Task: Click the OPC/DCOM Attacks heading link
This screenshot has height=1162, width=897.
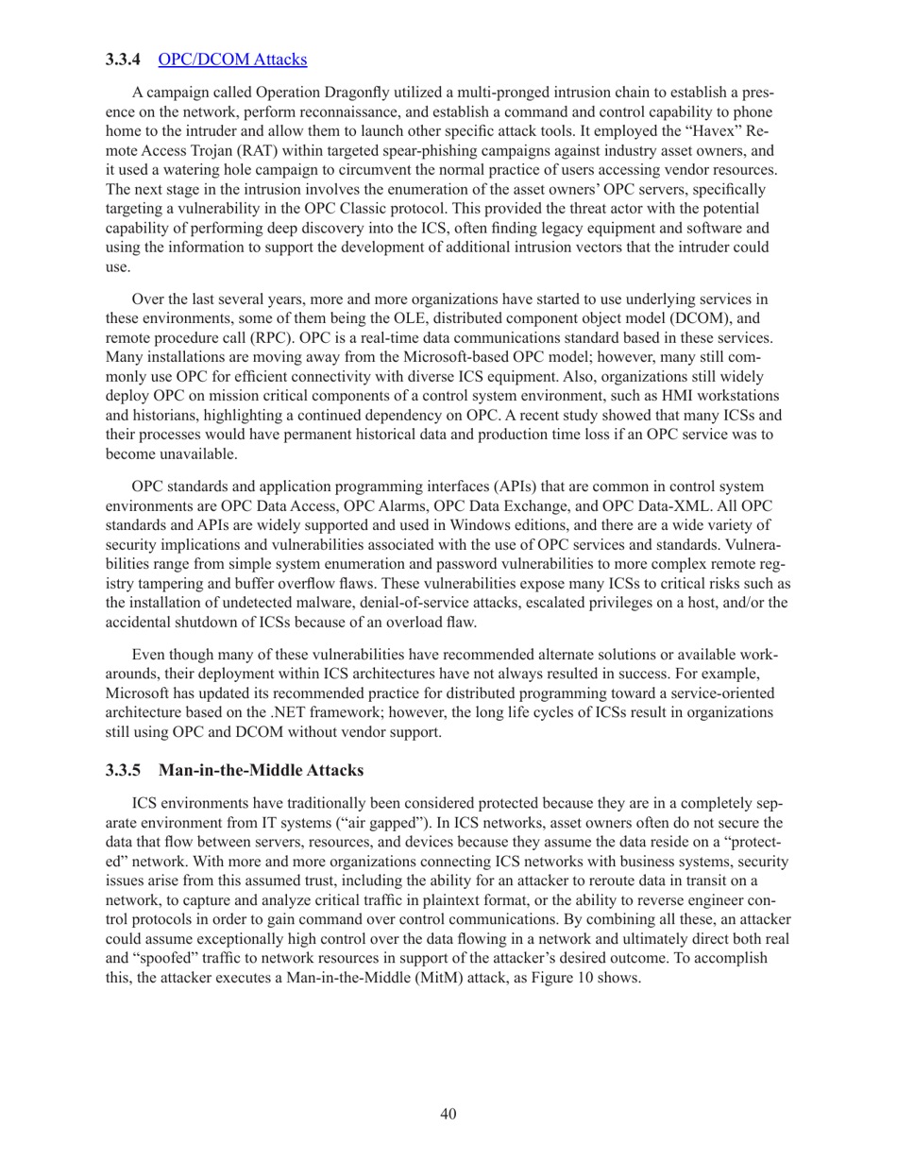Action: [232, 60]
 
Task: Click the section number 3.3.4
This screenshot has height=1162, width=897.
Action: [123, 60]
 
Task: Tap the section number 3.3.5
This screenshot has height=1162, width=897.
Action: [123, 770]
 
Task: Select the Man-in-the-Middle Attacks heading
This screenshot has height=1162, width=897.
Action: [261, 770]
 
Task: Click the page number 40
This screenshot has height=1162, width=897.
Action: [448, 1114]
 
